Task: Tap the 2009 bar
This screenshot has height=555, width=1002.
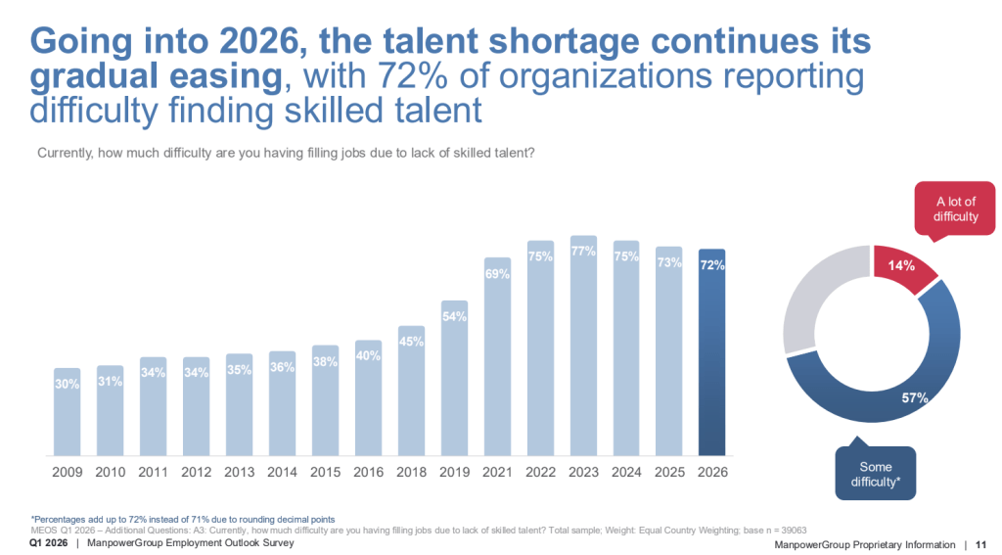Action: click(x=67, y=416)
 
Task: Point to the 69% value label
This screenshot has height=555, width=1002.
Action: click(x=497, y=274)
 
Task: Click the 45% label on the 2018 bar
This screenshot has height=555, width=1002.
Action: click(x=411, y=342)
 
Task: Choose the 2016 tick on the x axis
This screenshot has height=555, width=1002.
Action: click(x=368, y=471)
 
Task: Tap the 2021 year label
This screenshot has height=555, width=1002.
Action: click(x=497, y=471)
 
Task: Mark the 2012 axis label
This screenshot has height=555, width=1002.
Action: click(x=196, y=471)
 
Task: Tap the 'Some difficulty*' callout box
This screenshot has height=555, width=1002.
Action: click(x=875, y=474)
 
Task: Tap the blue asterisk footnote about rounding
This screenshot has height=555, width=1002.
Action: click(x=183, y=519)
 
